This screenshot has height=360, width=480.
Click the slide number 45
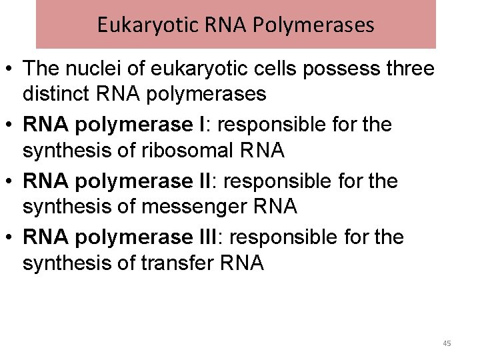447,343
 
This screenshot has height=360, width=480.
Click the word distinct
57,93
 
